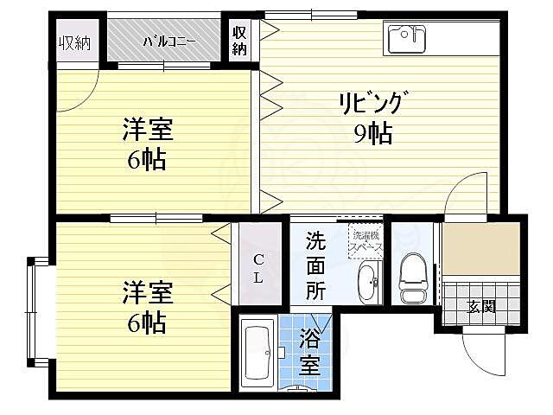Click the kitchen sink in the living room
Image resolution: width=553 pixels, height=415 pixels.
pyautogui.click(x=408, y=40)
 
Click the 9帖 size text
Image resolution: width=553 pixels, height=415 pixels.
pyautogui.click(x=373, y=134)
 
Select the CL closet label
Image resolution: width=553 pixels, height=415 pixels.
pyautogui.click(x=257, y=268)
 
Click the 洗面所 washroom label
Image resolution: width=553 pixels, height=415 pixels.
pyautogui.click(x=316, y=266)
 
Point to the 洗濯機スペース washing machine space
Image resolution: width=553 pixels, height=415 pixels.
pyautogui.click(x=364, y=240)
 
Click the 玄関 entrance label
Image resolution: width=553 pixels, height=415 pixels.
pyautogui.click(x=481, y=305)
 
